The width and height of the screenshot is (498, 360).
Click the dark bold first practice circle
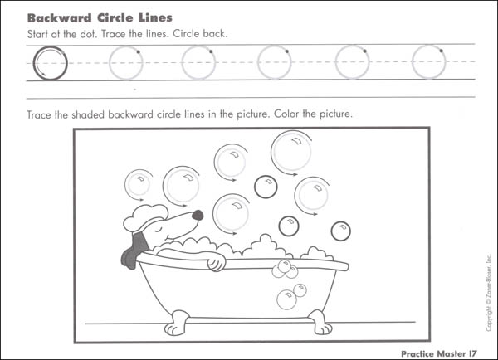point(47,63)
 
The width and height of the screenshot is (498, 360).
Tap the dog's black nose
point(198,215)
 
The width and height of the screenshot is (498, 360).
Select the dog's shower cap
point(139,216)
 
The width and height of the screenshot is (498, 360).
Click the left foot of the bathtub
point(178,318)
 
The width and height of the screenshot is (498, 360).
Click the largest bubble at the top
point(290,152)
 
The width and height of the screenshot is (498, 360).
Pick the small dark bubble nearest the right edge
point(340,230)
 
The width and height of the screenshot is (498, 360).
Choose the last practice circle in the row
point(428,62)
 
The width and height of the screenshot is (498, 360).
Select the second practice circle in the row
point(125,62)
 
